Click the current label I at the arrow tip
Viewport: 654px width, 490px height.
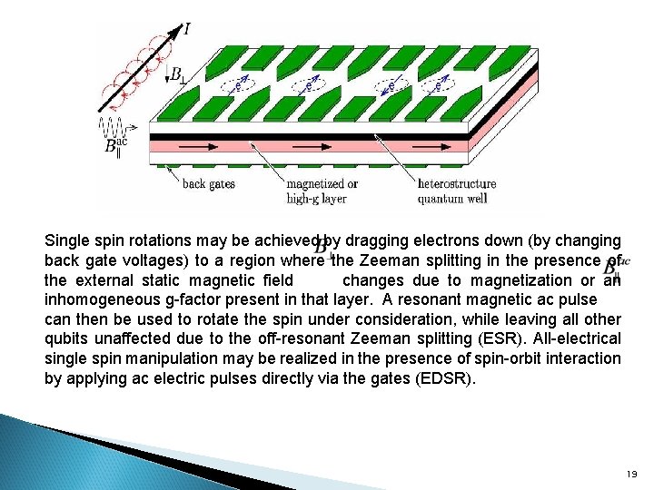(x=187, y=28)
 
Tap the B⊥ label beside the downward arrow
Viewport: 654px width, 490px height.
(x=179, y=75)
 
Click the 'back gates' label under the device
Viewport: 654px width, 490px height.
(x=209, y=183)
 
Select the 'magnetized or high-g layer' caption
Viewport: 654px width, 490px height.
(x=322, y=191)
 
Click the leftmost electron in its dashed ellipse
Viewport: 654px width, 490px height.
(x=238, y=87)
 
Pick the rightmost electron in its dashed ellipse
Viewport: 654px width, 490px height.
(x=441, y=87)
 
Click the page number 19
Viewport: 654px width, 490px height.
(x=632, y=474)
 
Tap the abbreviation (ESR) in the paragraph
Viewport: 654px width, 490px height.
(x=590, y=338)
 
